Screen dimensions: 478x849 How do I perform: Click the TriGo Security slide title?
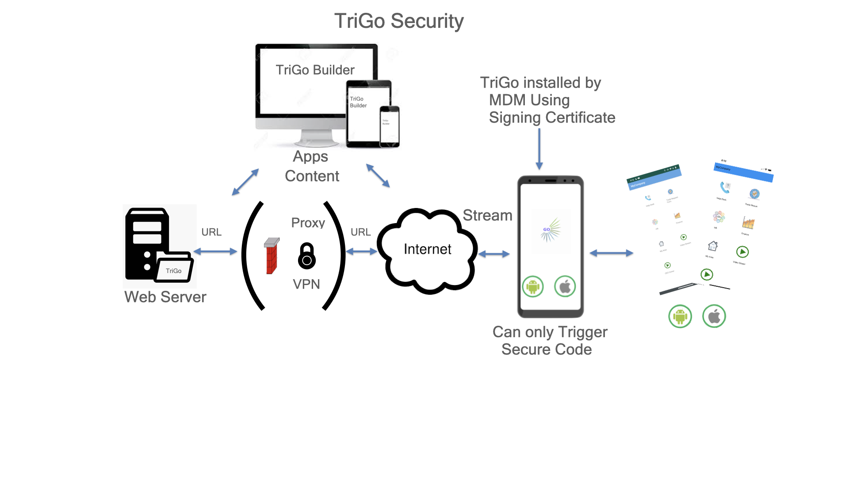click(398, 21)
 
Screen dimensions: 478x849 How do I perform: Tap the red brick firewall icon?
click(272, 257)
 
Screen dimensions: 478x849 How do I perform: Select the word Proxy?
click(308, 223)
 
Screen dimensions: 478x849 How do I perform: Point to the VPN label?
click(306, 284)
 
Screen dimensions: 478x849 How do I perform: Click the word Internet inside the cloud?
click(427, 249)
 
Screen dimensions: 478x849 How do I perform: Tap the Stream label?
click(487, 215)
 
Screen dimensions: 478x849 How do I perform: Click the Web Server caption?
click(165, 297)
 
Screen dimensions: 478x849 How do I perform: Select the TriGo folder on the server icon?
click(174, 269)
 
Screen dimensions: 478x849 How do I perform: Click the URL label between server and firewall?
click(211, 232)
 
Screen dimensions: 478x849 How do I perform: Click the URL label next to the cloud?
click(360, 232)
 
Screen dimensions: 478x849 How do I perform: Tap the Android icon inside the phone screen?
click(533, 287)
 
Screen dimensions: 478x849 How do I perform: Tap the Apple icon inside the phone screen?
click(565, 287)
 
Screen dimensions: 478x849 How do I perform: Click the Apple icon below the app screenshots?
click(714, 316)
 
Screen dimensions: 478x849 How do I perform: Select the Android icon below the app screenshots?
click(680, 316)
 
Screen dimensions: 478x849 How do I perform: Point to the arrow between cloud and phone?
click(494, 254)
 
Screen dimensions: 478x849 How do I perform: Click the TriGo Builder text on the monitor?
click(315, 70)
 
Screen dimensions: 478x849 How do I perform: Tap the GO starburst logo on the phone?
click(550, 231)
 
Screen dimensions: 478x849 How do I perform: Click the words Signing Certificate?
click(552, 118)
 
